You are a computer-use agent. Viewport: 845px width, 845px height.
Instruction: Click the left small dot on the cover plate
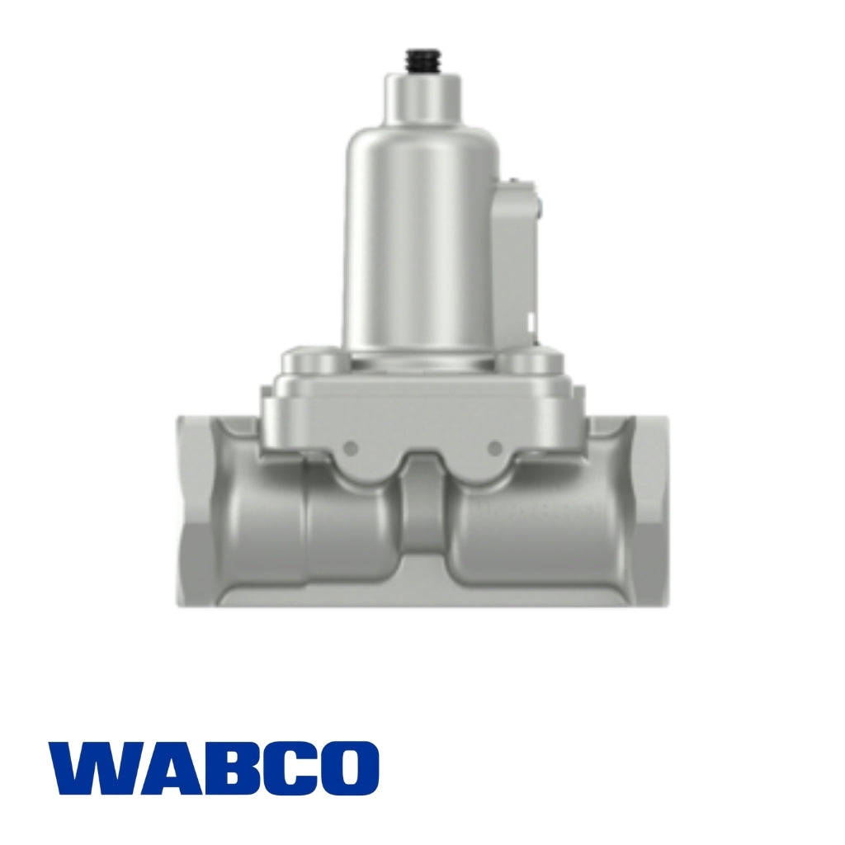coord(350,447)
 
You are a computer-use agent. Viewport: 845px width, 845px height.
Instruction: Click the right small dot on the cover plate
coord(494,447)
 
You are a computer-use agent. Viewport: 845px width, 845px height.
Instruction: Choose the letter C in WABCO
coord(283,767)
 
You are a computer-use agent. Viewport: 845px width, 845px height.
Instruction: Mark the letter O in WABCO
coord(347,767)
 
